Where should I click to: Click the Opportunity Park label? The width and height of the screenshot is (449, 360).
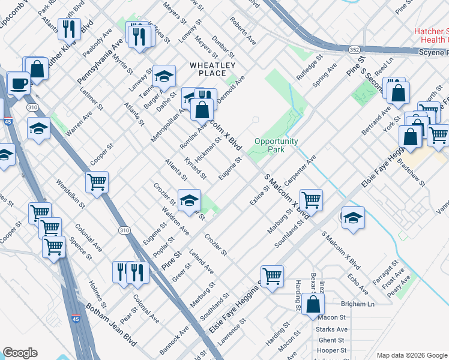pos(277,145)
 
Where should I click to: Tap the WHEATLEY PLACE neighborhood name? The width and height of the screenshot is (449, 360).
pos(212,69)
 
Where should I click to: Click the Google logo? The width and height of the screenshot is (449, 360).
pos(20,353)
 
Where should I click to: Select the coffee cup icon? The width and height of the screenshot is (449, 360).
pos(18,83)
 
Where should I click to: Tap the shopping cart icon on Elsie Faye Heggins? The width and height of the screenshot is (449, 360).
pos(272,276)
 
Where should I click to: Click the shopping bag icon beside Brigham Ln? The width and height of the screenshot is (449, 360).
pos(313,304)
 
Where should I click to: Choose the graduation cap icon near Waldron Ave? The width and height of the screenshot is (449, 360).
pos(189,200)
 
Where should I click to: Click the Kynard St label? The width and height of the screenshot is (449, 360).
pos(195,170)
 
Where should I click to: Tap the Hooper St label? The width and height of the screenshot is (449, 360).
pos(332,350)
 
